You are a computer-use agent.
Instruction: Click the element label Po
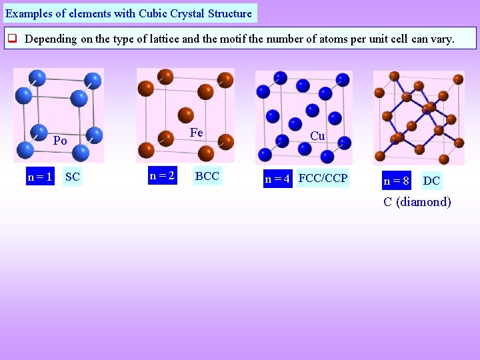click(x=60, y=141)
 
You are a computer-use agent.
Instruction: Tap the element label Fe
click(x=196, y=133)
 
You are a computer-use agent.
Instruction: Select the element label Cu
click(x=317, y=136)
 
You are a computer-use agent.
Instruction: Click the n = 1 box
click(x=39, y=177)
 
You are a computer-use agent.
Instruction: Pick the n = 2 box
click(x=162, y=176)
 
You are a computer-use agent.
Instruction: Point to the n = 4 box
click(x=277, y=179)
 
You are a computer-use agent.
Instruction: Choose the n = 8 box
click(x=396, y=181)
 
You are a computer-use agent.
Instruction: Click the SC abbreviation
click(x=72, y=177)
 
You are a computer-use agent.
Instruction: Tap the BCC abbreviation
click(x=207, y=176)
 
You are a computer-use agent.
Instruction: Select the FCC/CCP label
click(x=323, y=179)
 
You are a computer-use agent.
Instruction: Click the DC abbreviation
click(x=431, y=181)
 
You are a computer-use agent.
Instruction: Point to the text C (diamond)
click(x=417, y=202)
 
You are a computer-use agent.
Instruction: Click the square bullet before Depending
click(x=12, y=39)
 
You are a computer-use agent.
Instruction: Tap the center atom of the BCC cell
click(x=186, y=114)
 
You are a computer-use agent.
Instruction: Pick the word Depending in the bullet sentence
click(x=51, y=39)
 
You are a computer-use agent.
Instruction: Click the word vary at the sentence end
click(x=441, y=39)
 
